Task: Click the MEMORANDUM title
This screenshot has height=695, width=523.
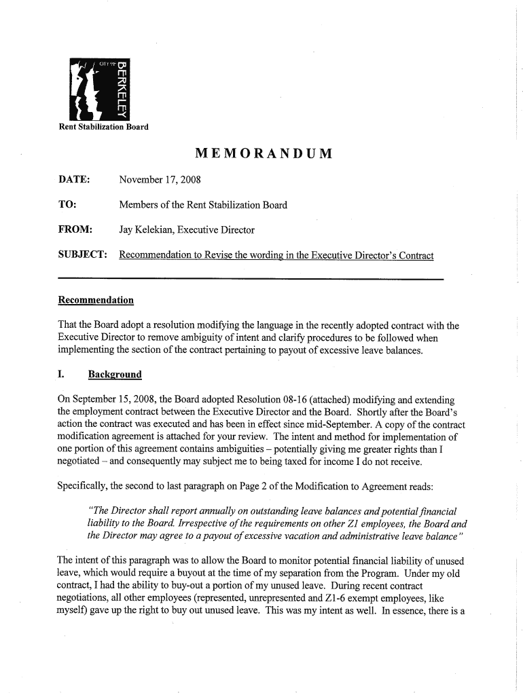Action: [x=264, y=153]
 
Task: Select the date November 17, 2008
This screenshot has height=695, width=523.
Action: [x=160, y=180]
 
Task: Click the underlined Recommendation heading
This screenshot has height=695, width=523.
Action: [x=96, y=300]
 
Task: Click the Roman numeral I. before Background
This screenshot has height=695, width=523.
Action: [x=62, y=375]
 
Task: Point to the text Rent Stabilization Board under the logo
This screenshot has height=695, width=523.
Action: [x=103, y=127]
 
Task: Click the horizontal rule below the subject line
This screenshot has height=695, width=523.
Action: [x=251, y=279]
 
